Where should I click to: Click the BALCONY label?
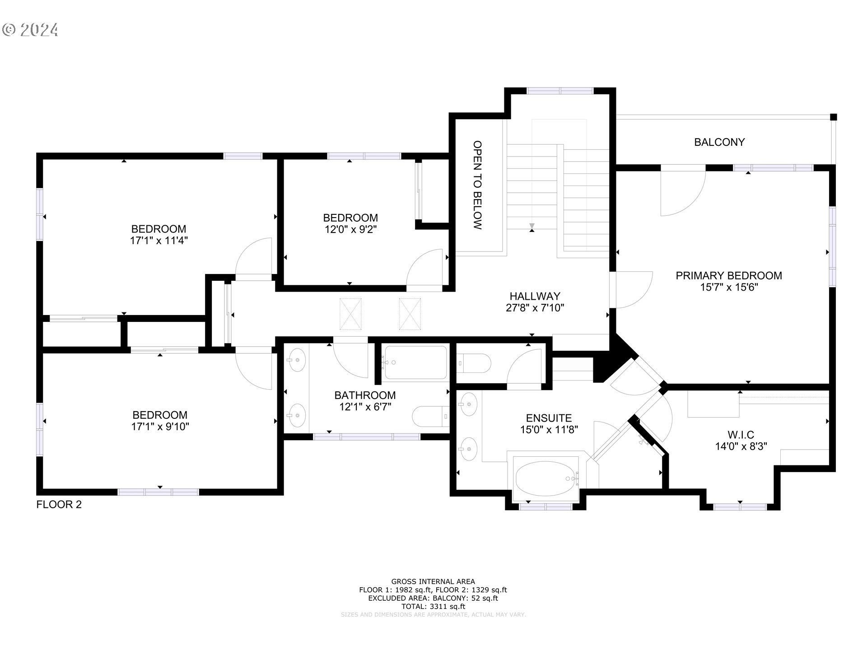coord(719,142)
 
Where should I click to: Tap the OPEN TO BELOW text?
coord(477,185)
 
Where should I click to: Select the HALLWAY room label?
coord(535,296)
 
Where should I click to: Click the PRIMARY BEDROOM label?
coord(728,275)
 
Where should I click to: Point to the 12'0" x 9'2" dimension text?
coord(350,229)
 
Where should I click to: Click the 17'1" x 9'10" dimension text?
coord(160,427)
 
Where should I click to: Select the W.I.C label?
coord(741,435)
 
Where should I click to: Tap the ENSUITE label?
coord(549,418)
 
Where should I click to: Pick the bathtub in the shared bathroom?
coord(415,362)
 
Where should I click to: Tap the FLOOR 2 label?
coord(59,505)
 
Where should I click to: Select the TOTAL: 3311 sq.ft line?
coord(433,607)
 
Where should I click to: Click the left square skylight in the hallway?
coord(350,314)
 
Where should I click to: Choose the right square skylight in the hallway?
coord(410,314)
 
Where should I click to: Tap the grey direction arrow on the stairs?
coord(531,225)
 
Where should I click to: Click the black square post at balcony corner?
coord(834,117)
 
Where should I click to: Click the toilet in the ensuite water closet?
coord(474,363)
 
